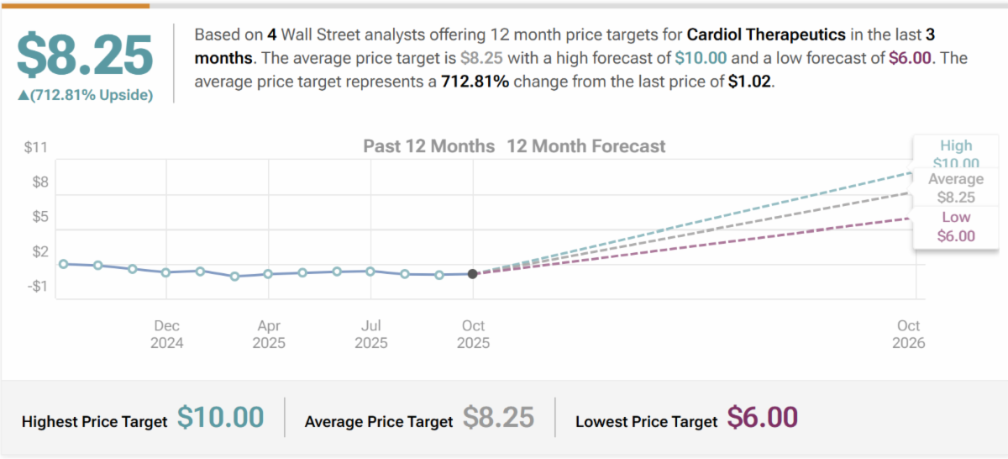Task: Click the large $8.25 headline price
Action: [85, 55]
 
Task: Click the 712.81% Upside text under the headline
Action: [85, 95]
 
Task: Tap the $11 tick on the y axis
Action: [35, 148]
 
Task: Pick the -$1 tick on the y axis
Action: [36, 287]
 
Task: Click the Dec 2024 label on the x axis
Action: [166, 334]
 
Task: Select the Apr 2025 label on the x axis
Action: [269, 334]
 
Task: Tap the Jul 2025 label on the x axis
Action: [371, 334]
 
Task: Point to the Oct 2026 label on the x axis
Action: [908, 334]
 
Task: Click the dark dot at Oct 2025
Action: [473, 273]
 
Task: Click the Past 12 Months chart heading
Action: [428, 146]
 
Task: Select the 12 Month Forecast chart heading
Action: [586, 146]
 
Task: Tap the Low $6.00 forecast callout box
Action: [956, 227]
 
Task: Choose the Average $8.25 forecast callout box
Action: [956, 188]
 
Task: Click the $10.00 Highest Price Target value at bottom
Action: [220, 418]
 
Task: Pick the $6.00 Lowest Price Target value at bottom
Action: [762, 418]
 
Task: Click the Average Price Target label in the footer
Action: [378, 421]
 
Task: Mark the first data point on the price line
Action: [64, 263]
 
